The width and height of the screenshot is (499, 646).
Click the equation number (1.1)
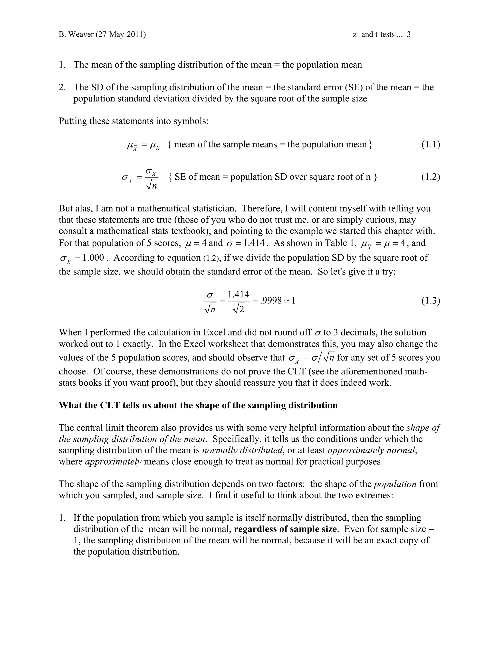click(431, 144)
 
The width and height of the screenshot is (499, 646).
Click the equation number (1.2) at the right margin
click(431, 177)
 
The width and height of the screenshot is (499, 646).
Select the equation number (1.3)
click(431, 301)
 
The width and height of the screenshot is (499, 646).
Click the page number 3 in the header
click(409, 35)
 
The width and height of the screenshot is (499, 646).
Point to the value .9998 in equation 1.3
click(271, 301)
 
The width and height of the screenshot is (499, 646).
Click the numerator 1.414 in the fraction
click(238, 294)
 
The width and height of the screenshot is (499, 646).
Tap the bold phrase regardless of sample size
click(285, 529)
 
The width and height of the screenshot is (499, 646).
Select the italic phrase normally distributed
click(242, 450)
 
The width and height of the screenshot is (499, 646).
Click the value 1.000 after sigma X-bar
click(93, 258)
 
